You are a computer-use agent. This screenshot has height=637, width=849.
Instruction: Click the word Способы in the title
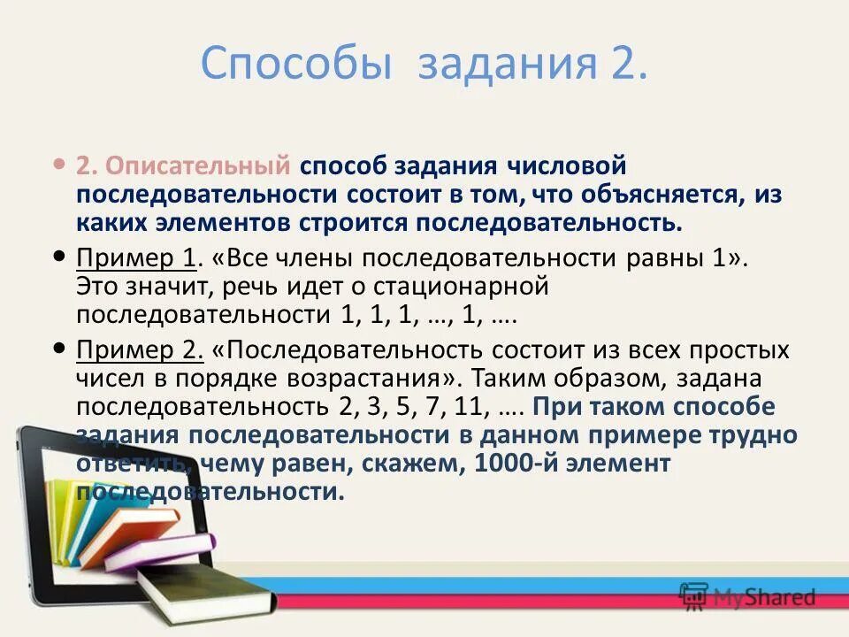[296, 65]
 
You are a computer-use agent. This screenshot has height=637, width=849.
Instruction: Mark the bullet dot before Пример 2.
[59, 348]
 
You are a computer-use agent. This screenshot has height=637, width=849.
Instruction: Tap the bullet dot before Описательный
[59, 165]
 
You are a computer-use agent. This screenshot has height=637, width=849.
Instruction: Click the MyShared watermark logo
[747, 595]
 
